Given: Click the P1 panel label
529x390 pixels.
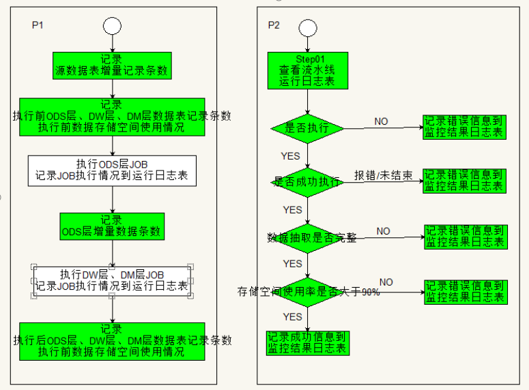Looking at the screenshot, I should (38, 25).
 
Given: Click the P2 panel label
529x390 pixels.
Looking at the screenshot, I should (273, 25).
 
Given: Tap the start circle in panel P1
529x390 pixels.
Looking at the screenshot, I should (112, 26).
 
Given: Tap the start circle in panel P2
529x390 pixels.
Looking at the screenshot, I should (307, 27).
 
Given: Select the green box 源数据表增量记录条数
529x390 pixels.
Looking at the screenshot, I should (112, 65).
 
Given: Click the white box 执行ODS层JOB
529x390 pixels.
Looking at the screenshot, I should (112, 170).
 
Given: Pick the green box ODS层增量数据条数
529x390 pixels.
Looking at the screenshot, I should (112, 226).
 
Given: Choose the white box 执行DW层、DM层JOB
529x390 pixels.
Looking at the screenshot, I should (112, 281).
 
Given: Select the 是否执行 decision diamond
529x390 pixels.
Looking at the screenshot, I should (307, 127).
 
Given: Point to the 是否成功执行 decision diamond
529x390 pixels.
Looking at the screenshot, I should (307, 181).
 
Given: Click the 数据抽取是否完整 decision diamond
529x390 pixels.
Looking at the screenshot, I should (307, 237).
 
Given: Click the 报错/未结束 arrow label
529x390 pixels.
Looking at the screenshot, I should (383, 176).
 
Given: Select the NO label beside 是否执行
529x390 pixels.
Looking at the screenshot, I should (381, 121).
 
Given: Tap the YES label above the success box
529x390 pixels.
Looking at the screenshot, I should (292, 317).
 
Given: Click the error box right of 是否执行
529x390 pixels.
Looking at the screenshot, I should (463, 127).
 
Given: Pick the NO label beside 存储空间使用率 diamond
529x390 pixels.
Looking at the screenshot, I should (386, 282).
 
